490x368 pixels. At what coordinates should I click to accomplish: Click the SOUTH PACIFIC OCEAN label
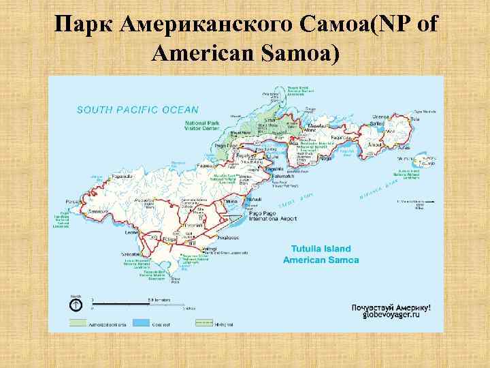point(137,109)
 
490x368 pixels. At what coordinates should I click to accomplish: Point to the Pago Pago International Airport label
point(272,216)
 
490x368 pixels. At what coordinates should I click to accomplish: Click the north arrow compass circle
point(76,304)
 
